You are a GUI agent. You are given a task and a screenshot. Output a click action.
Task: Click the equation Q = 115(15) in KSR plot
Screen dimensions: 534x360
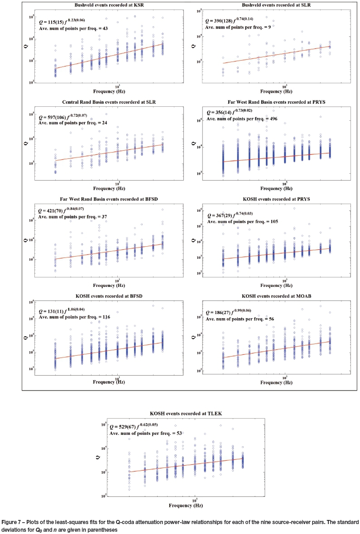pyautogui.click(x=57, y=21)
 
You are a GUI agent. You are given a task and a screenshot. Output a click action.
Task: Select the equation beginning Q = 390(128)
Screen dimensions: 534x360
pyautogui.click(x=229, y=21)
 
